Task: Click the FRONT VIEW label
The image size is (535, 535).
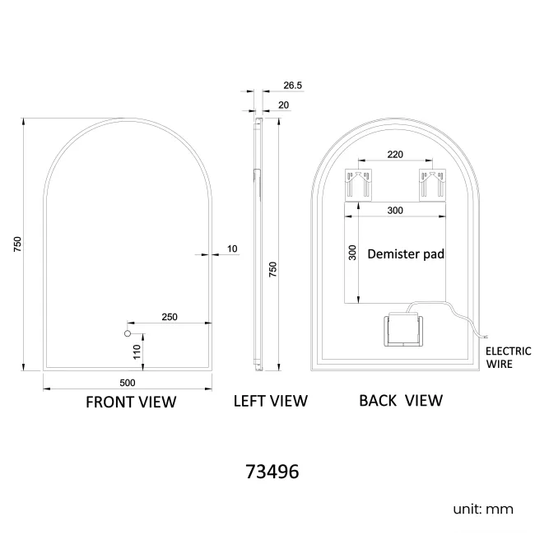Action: coord(131,402)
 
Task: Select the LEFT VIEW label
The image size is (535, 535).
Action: coord(270,401)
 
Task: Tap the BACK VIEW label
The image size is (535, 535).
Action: coord(401,401)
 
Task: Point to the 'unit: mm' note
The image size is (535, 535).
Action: coord(483,509)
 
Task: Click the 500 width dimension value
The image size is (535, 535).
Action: coord(127,382)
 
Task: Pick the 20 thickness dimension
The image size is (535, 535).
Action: coord(284,105)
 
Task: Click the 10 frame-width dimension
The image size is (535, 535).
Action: coord(232,249)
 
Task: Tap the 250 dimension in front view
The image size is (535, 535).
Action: coord(170,317)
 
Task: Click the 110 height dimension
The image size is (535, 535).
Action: coord(137,352)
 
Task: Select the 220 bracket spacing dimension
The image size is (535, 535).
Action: coord(395,154)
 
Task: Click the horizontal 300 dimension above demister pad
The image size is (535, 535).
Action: coord(395,211)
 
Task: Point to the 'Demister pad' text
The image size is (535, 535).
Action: coord(406,254)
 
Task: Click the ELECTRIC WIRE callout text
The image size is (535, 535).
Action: coord(508,356)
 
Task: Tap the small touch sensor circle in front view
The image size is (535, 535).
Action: coord(128,333)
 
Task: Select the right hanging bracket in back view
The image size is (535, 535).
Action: coord(430,184)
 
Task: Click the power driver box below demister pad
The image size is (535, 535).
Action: coord(402,330)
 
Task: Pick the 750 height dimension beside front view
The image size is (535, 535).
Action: coord(16,244)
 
